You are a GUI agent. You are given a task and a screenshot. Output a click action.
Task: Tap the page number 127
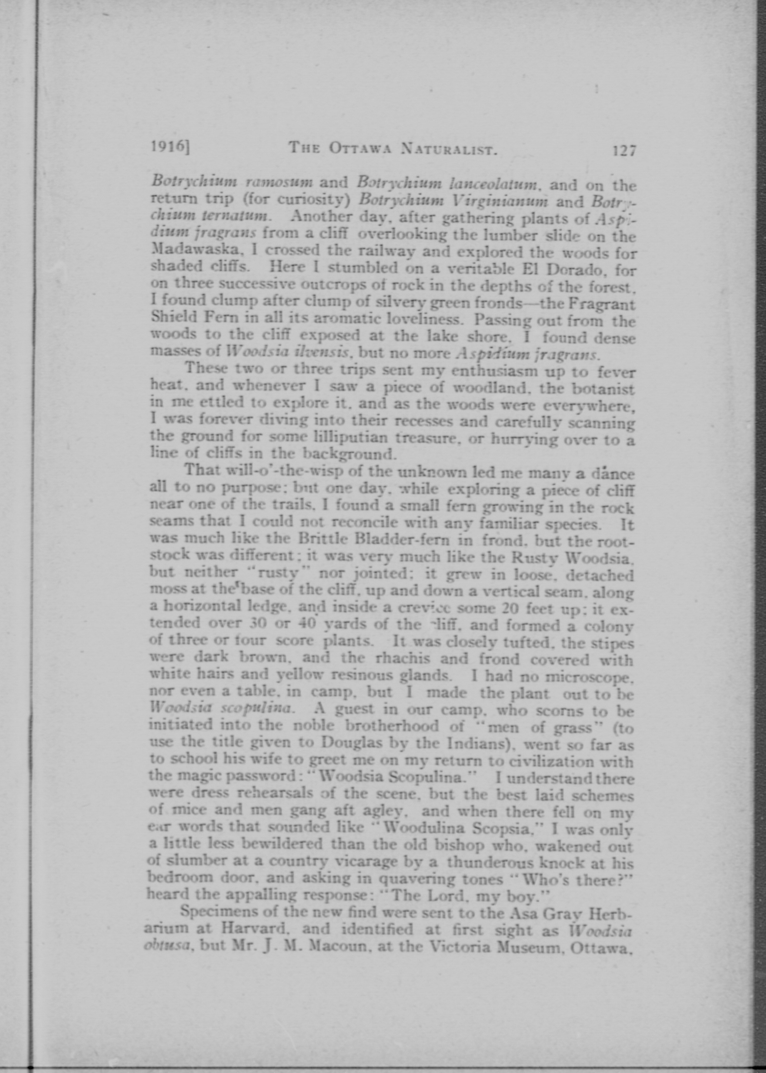coord(624,151)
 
